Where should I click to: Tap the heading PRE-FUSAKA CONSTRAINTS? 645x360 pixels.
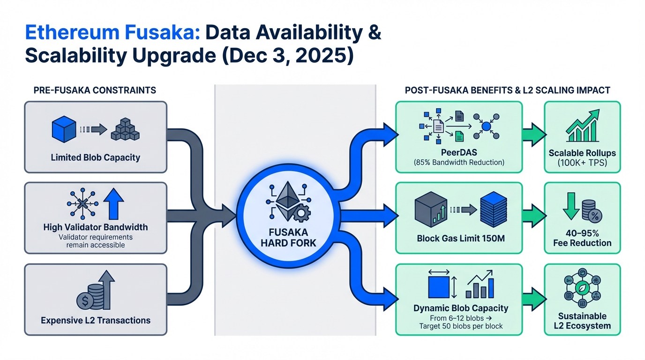95,90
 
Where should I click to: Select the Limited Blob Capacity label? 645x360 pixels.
95,157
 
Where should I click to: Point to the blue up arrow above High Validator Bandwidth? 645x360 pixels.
113,204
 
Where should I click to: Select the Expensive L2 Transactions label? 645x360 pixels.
96,321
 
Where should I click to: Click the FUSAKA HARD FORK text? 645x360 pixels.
289,237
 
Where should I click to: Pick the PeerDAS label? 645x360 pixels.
458,153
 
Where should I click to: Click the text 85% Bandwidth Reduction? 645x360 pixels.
458,163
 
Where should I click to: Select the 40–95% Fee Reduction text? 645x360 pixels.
582,238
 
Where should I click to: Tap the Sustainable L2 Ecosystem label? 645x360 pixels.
582,321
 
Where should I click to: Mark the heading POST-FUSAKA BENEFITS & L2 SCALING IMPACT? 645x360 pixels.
507,90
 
